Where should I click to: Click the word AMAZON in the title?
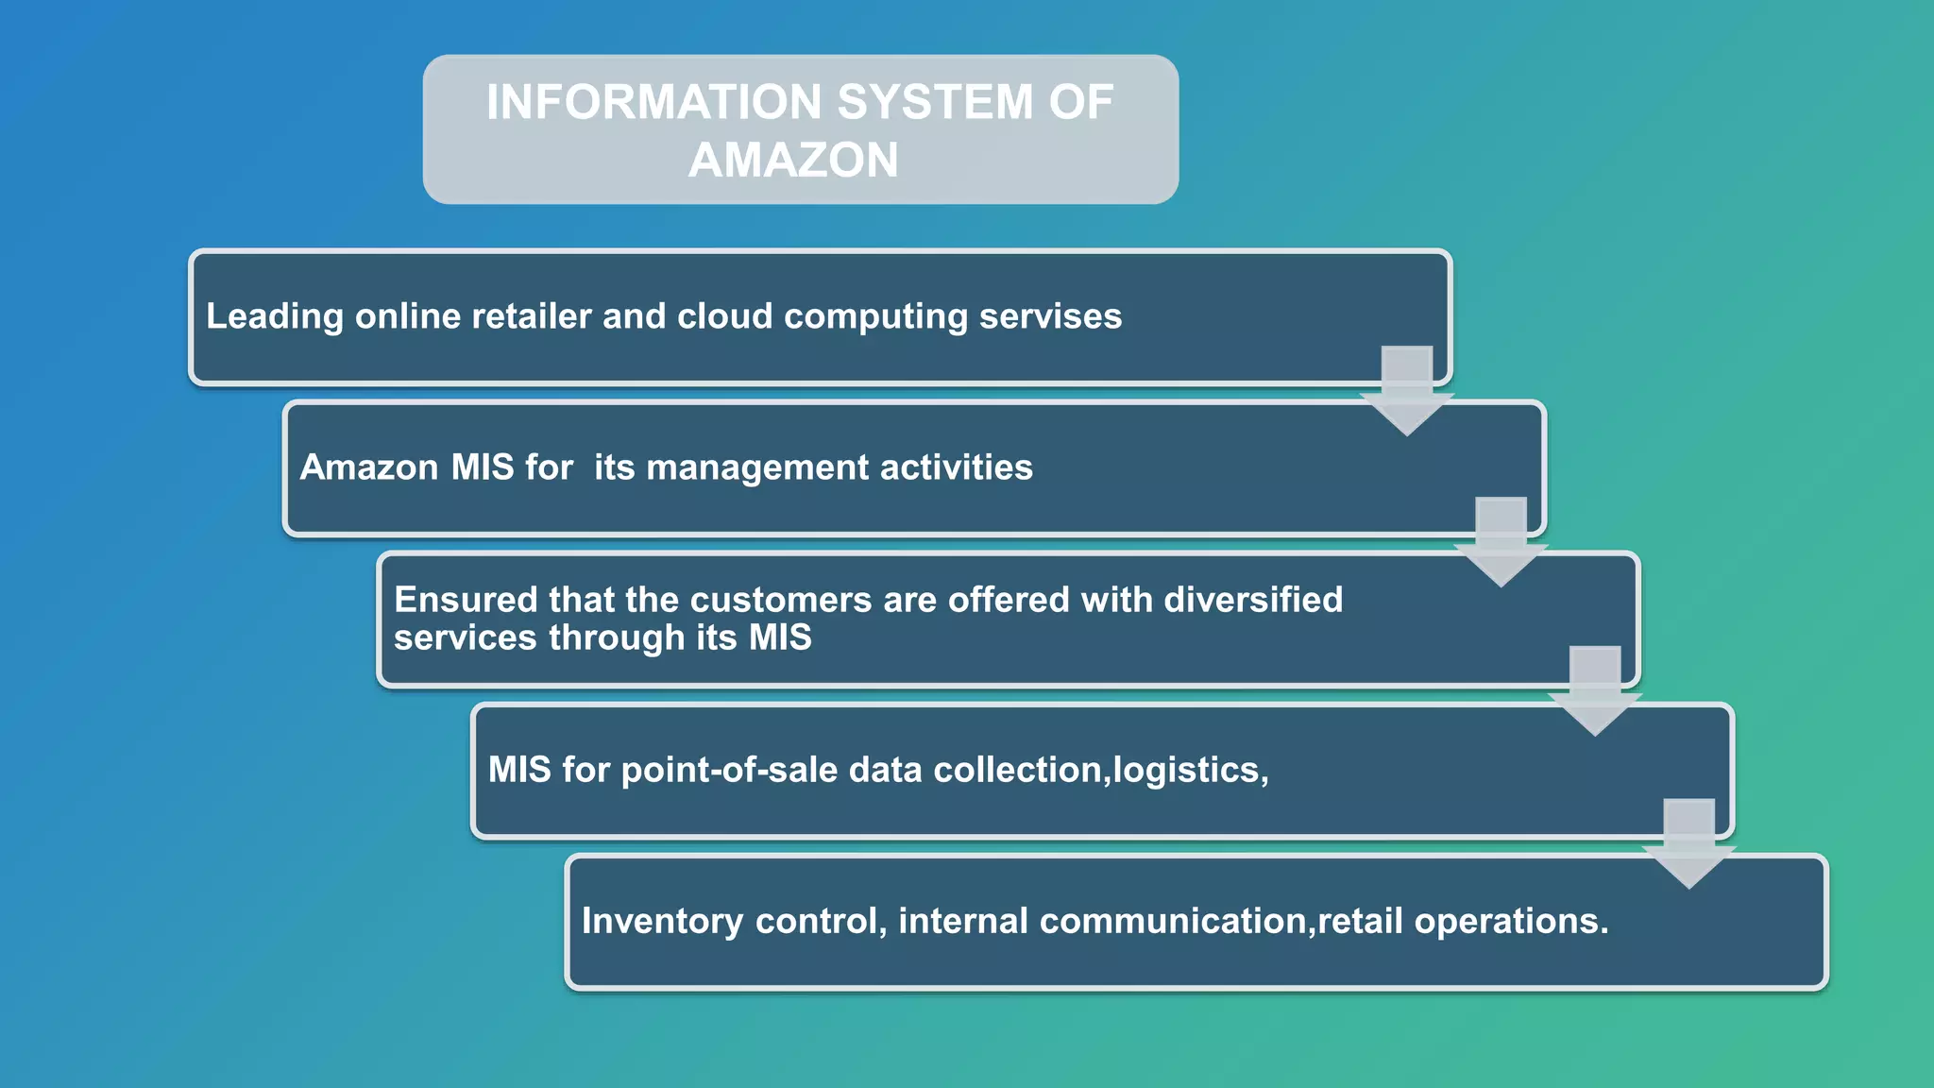pos(793,160)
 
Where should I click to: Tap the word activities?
pos(957,467)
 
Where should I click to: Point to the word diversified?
pos(1253,600)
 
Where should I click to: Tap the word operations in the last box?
pos(1511,921)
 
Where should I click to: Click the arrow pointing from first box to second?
pos(1406,392)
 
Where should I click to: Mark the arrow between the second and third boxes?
pos(1501,543)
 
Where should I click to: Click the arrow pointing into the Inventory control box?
pos(1688,845)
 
